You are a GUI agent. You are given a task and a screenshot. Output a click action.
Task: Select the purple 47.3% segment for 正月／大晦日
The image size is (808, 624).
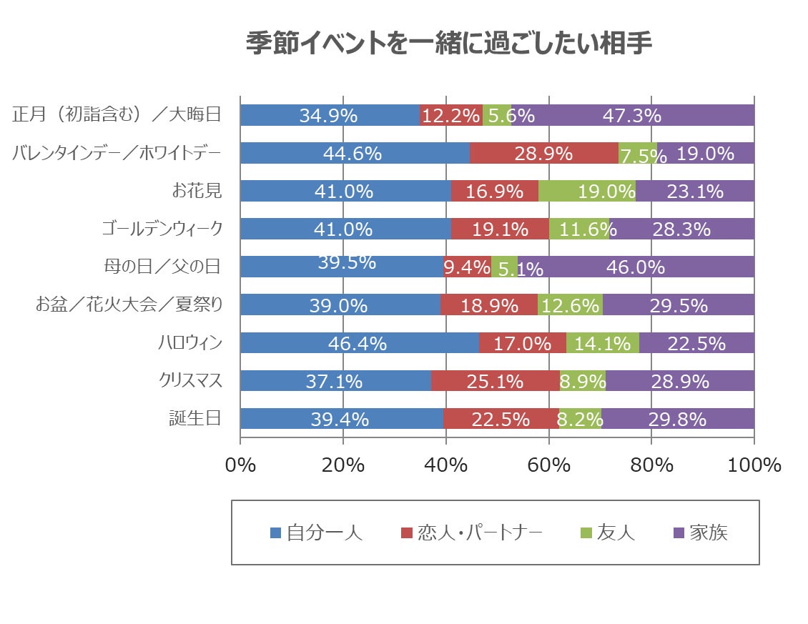coord(632,115)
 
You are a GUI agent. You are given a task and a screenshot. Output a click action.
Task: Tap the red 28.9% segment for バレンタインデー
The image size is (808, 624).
coord(543,153)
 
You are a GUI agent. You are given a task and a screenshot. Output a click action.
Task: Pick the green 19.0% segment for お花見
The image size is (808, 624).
coord(586,191)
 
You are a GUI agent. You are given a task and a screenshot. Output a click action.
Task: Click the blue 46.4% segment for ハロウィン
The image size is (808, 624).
coord(359,343)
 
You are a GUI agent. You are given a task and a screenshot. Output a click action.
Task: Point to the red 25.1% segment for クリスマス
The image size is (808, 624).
coord(495,381)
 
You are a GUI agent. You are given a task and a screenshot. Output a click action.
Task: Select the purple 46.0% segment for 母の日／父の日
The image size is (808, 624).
coord(635,267)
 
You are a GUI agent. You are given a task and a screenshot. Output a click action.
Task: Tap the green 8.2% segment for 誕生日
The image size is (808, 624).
coord(580,419)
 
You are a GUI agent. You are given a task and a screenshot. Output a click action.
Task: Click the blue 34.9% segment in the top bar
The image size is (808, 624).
coord(329,115)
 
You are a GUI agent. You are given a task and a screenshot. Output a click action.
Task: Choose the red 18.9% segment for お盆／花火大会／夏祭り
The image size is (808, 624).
coord(488,305)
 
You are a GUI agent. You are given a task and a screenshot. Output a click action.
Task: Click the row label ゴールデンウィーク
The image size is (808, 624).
coord(162,229)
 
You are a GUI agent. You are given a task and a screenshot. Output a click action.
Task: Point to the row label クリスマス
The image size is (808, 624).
coord(190,381)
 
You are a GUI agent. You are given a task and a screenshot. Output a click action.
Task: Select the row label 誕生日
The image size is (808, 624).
coord(195,419)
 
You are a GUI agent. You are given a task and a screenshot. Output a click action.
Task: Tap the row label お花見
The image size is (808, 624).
coord(197,191)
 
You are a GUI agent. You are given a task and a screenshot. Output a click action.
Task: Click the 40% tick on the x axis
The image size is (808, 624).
coord(446,465)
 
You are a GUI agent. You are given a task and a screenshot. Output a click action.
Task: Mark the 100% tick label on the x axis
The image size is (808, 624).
coord(754,465)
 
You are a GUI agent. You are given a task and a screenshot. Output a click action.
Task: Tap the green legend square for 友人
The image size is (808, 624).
coord(586,533)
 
